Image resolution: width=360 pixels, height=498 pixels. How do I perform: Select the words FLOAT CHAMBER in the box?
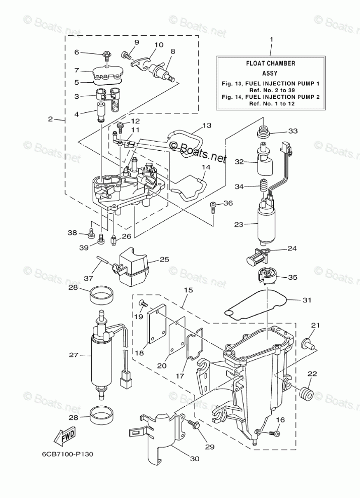270,64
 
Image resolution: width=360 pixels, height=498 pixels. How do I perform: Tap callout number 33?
293,131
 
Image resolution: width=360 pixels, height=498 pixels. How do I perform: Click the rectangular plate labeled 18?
157,328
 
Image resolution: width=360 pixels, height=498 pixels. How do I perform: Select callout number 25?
164,260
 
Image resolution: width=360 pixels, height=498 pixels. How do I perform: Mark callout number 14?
206,167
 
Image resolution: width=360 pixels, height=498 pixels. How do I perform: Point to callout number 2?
50,119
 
